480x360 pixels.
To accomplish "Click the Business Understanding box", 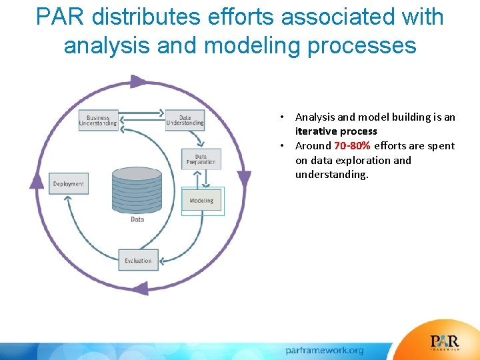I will coord(98,119).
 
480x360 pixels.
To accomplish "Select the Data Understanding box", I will coord(185,119).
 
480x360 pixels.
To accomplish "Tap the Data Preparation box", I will coord(201,159).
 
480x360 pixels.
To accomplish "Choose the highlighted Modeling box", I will coord(202,201).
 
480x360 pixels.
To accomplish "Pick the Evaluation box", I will coord(139,261).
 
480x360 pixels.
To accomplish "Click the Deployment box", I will coord(69,184).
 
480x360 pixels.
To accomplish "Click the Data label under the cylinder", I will coord(137,219).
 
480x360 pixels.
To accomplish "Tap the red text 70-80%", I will coord(353,146).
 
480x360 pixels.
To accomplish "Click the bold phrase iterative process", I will coord(336,131).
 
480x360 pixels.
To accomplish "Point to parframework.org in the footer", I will coord(325,350).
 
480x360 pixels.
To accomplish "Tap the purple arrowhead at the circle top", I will coord(138,82).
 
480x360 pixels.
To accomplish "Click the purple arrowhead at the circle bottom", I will coord(140,289).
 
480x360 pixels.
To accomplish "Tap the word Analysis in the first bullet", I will coord(316,117).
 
